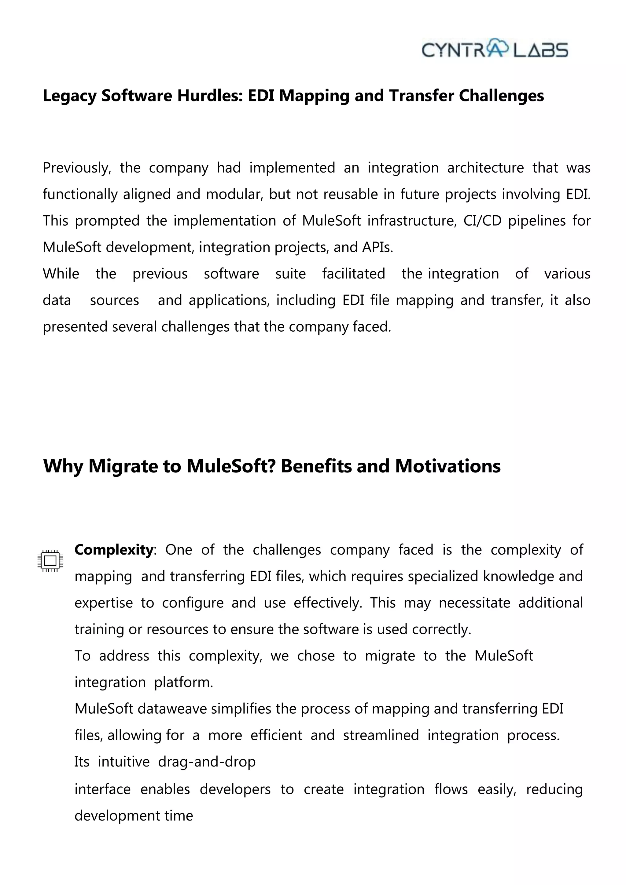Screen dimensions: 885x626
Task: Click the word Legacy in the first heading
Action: point(69,96)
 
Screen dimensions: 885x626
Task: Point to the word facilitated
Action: point(353,274)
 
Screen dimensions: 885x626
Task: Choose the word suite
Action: point(290,274)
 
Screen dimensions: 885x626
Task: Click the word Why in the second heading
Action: point(63,466)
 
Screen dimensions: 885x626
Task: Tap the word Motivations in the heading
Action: point(447,466)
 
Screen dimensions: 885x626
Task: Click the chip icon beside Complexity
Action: point(50,560)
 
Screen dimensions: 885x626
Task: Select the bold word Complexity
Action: point(114,550)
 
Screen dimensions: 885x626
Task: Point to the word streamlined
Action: point(381,735)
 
